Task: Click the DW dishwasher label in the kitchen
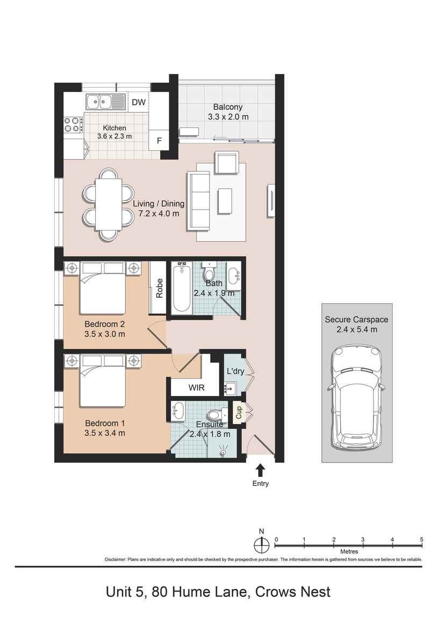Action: [139, 102]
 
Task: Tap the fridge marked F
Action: [159, 141]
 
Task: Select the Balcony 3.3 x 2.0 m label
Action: [228, 112]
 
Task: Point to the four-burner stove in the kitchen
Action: [72, 125]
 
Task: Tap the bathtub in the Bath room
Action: [181, 288]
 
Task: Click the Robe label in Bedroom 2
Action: [160, 288]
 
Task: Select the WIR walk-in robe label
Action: [196, 387]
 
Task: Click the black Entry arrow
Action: [261, 470]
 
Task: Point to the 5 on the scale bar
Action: [421, 539]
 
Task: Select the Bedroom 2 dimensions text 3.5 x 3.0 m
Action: [105, 334]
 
